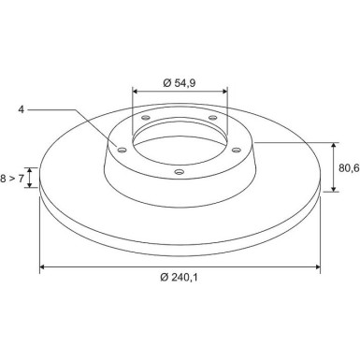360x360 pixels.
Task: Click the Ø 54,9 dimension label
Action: tap(179, 83)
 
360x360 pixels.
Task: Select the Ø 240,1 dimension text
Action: tap(179, 277)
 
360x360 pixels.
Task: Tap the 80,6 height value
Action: tap(349, 168)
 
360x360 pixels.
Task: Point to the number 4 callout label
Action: tap(22, 109)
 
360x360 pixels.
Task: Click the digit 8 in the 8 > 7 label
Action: tap(3, 179)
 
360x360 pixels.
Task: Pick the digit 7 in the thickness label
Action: tap(21, 179)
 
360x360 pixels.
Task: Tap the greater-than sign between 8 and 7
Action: tap(12, 179)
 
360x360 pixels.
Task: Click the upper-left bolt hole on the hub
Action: tap(146, 118)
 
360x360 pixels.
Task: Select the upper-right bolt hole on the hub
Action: tap(212, 118)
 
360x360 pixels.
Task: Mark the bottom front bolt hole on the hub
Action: tap(180, 171)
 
